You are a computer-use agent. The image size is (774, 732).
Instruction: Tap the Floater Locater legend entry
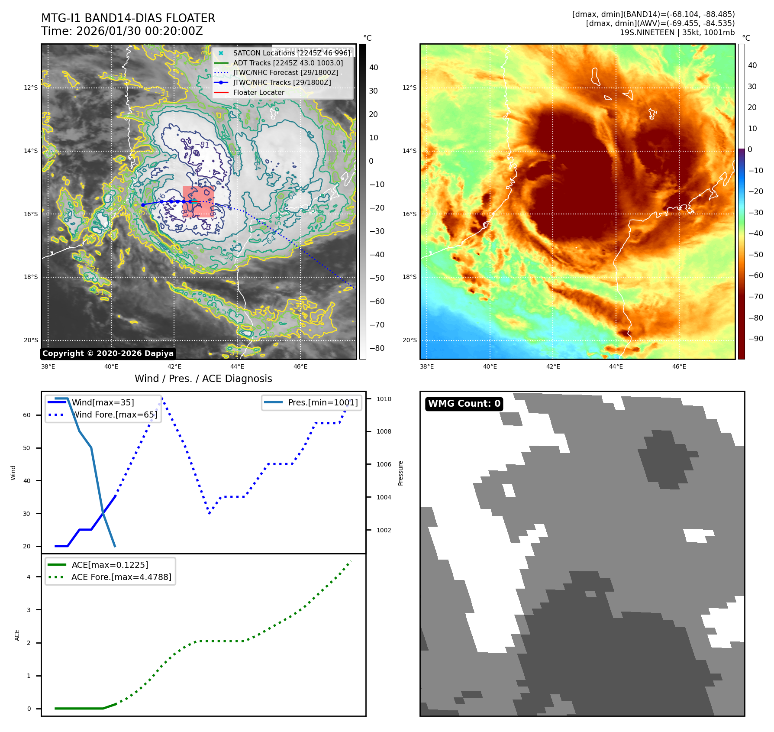[258, 92]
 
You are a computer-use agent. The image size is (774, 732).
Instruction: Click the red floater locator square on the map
[198, 201]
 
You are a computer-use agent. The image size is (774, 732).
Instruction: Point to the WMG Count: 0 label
[464, 404]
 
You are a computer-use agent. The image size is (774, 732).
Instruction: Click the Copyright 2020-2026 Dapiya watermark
[108, 353]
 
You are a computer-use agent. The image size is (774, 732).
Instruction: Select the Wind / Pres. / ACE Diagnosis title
[203, 379]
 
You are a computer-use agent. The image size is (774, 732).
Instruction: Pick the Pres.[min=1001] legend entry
[322, 402]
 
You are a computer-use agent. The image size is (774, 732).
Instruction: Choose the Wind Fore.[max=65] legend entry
[114, 415]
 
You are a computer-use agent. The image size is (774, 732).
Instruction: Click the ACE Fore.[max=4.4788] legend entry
[121, 577]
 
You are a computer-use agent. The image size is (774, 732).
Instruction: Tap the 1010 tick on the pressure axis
[384, 399]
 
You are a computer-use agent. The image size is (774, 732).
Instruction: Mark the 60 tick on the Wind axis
[27, 415]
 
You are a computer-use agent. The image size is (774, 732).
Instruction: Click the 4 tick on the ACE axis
[29, 577]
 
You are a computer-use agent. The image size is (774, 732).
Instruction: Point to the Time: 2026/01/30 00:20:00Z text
[122, 31]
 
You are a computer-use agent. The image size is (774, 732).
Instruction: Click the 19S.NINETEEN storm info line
[677, 32]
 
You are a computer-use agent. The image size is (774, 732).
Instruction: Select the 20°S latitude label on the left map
[31, 340]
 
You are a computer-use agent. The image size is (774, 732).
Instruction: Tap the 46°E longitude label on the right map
[679, 366]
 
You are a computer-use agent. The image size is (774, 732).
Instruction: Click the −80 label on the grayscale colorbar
[377, 348]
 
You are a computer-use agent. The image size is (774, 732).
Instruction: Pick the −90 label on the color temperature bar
[755, 339]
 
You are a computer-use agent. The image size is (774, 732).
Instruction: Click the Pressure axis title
[400, 473]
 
